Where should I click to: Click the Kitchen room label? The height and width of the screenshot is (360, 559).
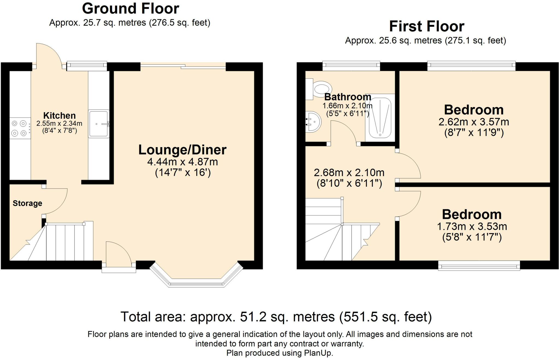[x=60, y=115]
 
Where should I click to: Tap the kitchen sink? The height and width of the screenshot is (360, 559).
[x=99, y=124]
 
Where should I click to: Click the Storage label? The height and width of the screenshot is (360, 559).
[x=28, y=203]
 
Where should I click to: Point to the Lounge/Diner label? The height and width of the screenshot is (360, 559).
[x=182, y=150]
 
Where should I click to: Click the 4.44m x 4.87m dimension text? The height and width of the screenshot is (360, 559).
[x=183, y=162]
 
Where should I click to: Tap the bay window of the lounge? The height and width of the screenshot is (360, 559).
[x=196, y=275]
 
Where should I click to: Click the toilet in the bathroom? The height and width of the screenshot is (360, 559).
[x=319, y=89]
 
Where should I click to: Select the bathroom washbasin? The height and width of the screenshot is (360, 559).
[x=313, y=122]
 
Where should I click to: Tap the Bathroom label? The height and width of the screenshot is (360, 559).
[x=348, y=97]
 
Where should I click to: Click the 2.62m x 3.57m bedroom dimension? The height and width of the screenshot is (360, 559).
[x=474, y=122]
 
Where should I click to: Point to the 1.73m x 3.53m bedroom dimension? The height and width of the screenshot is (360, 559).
[x=472, y=226]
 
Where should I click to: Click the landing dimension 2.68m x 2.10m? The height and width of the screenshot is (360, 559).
[x=349, y=172]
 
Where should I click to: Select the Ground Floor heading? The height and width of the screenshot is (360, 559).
[x=130, y=8]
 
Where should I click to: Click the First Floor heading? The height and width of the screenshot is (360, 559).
[x=427, y=26]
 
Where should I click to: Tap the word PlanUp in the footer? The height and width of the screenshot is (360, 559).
[x=318, y=353]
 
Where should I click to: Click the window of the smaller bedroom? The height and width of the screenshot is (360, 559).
[x=479, y=266]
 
